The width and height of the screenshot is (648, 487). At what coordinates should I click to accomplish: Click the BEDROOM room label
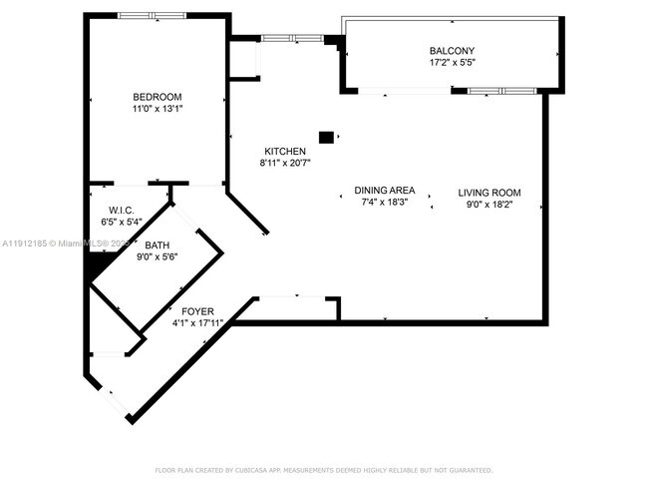click(157, 97)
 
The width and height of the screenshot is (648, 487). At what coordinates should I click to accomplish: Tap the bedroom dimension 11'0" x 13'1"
click(157, 109)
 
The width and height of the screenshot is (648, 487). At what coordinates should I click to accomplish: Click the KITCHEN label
click(284, 151)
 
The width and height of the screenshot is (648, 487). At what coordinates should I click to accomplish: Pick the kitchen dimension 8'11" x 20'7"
click(284, 163)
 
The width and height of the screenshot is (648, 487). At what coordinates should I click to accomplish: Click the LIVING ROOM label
click(489, 193)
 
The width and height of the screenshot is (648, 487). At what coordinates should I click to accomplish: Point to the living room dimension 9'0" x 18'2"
click(489, 205)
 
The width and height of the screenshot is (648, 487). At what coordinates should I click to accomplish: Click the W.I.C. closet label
click(122, 211)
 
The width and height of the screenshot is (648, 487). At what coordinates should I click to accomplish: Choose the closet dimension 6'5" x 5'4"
click(122, 222)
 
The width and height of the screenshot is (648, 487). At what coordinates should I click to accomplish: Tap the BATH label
click(157, 244)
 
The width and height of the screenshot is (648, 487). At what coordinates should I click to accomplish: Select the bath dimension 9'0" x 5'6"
click(157, 256)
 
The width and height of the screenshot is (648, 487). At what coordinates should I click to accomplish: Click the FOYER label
click(196, 311)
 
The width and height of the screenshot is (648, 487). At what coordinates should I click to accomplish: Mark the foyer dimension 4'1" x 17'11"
click(196, 323)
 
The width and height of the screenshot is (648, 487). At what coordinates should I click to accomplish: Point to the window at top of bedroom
click(152, 15)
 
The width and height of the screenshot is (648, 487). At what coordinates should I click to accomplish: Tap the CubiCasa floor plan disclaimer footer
click(323, 469)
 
